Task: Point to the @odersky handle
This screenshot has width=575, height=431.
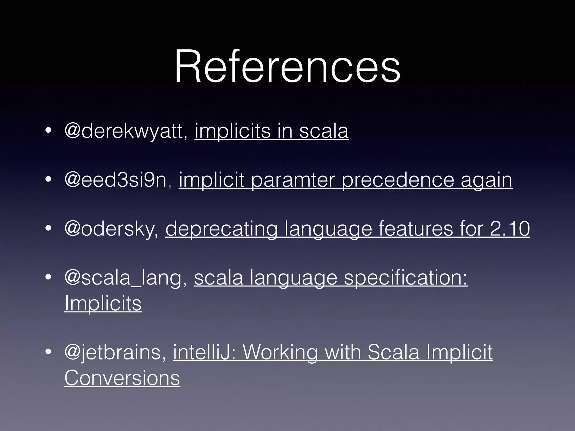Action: pyautogui.click(x=111, y=229)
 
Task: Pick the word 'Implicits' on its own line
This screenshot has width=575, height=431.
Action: pyautogui.click(x=103, y=304)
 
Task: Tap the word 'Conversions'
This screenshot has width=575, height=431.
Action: pyautogui.click(x=122, y=378)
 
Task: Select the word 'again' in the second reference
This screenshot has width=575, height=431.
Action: pyautogui.click(x=486, y=180)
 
